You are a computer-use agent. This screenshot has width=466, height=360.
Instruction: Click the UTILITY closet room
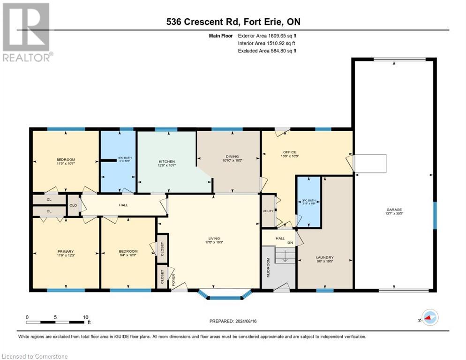(268, 211)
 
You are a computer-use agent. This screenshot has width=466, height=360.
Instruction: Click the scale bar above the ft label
(57, 322)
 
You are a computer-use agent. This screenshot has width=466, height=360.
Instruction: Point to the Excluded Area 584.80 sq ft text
(267, 51)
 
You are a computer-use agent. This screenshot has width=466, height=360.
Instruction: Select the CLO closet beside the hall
(73, 205)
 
